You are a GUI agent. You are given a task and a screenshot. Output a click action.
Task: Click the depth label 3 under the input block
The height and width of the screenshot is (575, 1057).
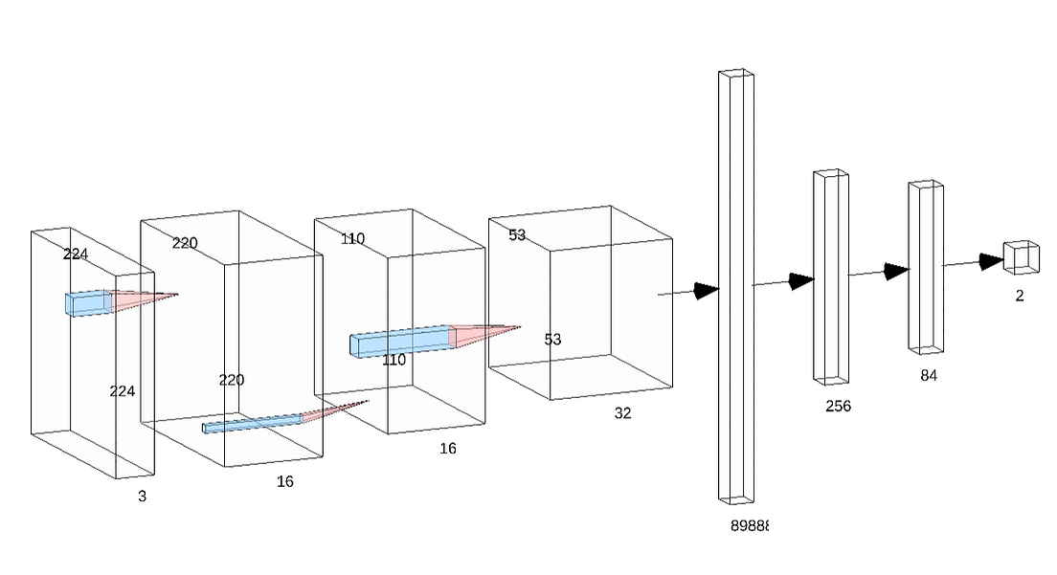point(143,497)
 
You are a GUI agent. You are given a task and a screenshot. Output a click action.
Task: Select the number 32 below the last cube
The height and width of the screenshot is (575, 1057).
point(623,413)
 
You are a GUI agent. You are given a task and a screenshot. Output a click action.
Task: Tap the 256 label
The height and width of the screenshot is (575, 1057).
point(838,406)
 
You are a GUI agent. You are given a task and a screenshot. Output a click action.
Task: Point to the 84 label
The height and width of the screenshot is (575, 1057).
point(929,376)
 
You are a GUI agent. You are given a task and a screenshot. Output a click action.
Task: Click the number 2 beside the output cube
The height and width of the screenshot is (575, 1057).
point(1020,297)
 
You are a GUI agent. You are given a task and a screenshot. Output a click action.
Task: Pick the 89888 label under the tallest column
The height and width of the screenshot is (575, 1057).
point(750,525)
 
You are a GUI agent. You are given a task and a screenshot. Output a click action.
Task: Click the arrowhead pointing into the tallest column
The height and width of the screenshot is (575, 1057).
point(707,290)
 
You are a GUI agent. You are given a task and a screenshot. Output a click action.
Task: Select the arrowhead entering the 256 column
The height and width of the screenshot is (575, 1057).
point(801,280)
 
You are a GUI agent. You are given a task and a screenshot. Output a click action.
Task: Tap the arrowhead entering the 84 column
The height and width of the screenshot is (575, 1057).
point(896,271)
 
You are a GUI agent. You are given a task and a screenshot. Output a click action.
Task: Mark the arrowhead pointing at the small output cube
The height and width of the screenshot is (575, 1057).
point(991,261)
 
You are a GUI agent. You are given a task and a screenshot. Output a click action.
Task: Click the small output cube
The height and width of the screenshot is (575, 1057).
point(1021,256)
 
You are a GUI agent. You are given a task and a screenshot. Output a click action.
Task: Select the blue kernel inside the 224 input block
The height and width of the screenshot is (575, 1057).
point(88,302)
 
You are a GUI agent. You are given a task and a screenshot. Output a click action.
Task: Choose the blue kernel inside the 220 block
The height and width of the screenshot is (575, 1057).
point(253,423)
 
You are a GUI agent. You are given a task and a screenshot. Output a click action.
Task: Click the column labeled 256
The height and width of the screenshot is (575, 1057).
point(831,276)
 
